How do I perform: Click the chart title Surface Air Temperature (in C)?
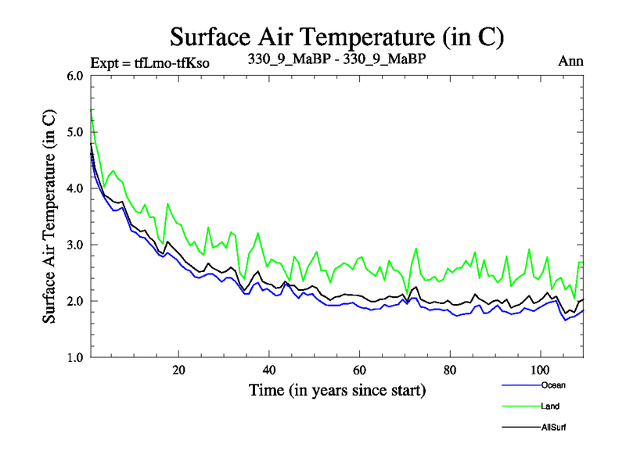(336, 36)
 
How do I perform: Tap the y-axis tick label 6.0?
(75, 76)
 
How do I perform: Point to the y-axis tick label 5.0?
(75, 132)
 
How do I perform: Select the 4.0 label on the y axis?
(75, 188)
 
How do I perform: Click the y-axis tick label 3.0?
(75, 245)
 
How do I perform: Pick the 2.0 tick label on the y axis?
(75, 301)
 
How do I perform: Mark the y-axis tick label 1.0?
(75, 357)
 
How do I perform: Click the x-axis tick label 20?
(178, 370)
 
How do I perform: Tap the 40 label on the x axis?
(269, 370)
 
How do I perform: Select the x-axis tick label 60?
(360, 370)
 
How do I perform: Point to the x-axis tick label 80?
(450, 370)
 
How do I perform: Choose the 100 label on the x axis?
(540, 370)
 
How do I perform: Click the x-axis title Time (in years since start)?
(337, 389)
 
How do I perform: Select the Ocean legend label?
(551, 385)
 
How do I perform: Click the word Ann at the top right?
(570, 61)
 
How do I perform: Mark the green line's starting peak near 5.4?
(91, 111)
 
